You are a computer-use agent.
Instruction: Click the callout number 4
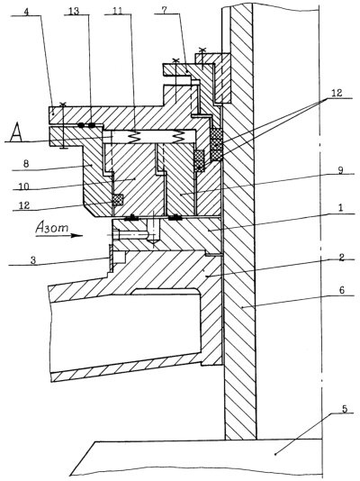28,12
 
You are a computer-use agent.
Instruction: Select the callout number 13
74,11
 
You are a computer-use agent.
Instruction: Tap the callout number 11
117,11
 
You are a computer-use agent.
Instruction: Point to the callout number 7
165,10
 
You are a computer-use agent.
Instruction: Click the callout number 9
341,170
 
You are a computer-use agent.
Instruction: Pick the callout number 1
342,208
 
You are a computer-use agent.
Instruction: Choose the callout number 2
342,257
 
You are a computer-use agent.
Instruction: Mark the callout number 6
342,290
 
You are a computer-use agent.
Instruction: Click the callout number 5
345,409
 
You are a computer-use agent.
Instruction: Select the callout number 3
33,259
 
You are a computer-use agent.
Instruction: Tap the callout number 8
26,164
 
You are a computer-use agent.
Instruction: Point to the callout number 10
23,186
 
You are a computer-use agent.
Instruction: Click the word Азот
51,228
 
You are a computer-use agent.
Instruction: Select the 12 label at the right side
336,93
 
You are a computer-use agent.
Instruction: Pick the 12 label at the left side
24,205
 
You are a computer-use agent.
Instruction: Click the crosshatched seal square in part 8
118,200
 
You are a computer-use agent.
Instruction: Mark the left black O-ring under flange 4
81,125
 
